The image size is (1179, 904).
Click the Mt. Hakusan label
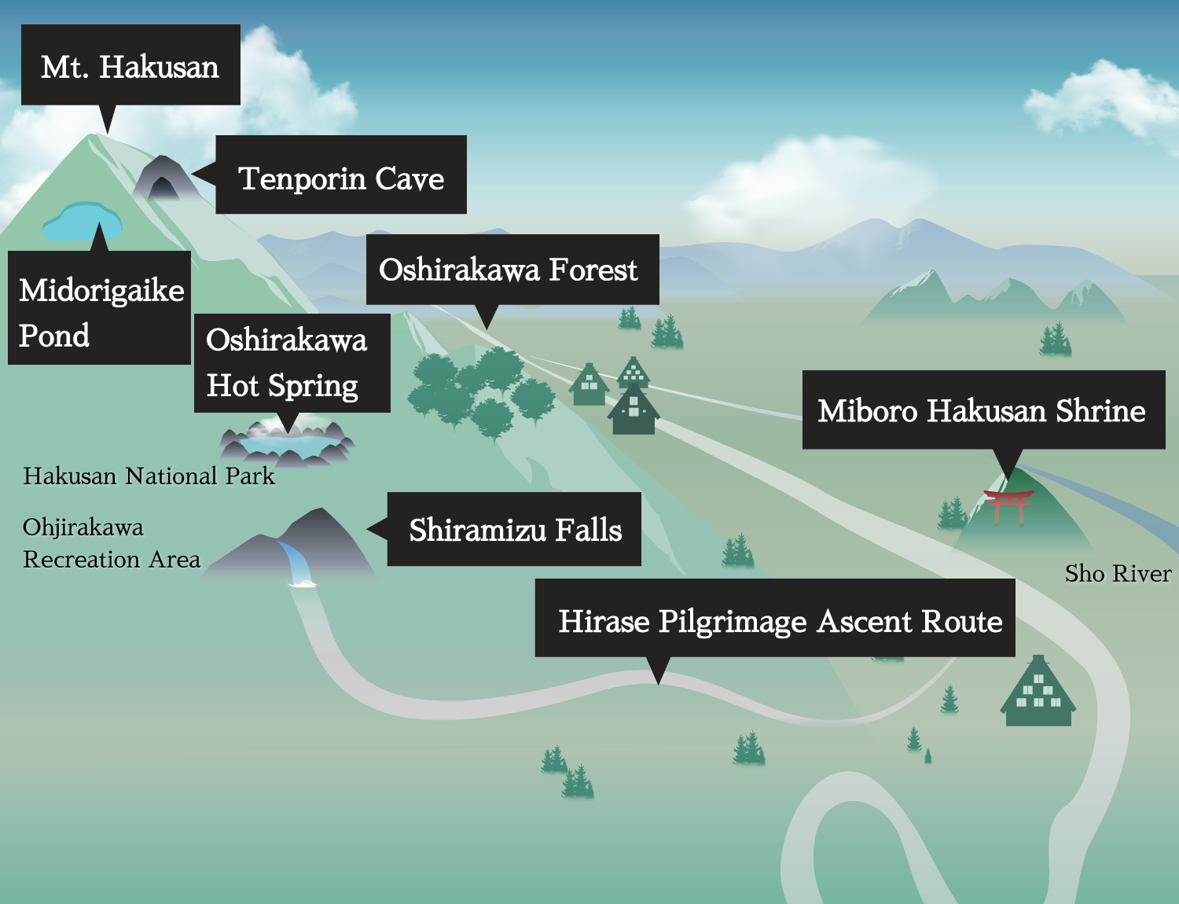coord(130,66)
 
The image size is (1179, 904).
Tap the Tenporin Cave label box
coord(341,175)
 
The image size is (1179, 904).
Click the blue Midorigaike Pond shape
coord(82,222)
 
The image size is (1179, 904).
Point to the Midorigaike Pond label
coord(100,309)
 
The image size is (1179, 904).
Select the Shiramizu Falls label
coord(514,530)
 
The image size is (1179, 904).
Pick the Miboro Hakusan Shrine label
coord(982,410)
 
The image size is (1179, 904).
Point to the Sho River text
coord(1118,574)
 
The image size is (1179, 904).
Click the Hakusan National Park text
coord(149,476)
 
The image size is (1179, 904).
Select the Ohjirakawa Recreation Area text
coord(112,543)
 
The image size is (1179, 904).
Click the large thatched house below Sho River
coord(1038,693)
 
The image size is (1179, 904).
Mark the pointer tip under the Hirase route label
coord(659,682)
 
